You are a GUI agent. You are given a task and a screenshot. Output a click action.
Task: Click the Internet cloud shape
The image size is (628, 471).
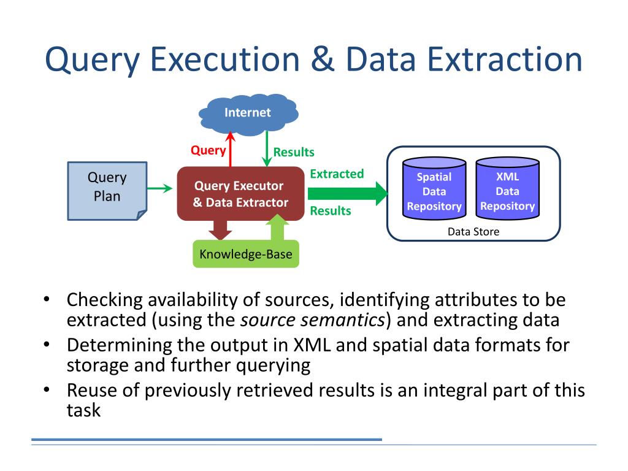point(248,114)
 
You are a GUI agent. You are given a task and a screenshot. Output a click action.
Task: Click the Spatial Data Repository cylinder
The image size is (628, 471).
point(434,188)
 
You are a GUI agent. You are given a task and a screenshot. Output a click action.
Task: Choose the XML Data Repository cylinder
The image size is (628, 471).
point(507,188)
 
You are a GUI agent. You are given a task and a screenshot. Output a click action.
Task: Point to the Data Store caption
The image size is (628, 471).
point(473,232)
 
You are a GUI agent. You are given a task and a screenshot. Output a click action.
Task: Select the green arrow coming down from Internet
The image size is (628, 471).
point(267,148)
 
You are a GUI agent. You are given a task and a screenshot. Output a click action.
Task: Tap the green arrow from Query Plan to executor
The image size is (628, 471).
point(160,188)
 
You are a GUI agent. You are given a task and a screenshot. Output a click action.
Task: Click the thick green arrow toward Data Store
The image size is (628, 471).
point(347,193)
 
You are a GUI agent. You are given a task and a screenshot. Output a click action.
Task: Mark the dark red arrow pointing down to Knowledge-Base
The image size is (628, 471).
point(220,230)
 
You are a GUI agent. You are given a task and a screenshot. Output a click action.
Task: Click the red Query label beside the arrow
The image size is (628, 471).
point(208,150)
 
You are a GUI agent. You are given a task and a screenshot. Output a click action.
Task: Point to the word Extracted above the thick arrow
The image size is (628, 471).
point(337,174)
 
